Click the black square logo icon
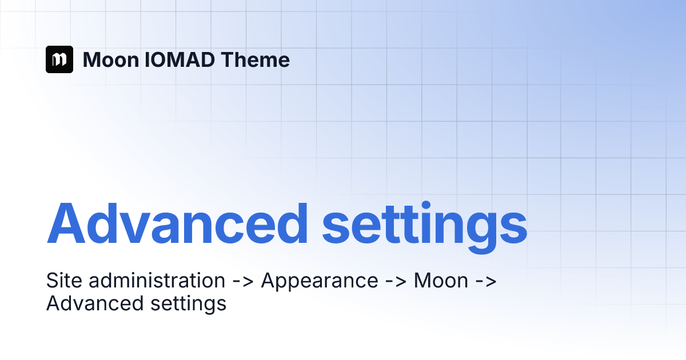coord(59,59)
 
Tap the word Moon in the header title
coord(111,59)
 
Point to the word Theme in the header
coord(255,59)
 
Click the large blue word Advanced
coord(177,223)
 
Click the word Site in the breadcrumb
coord(64,280)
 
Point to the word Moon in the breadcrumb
coord(441,281)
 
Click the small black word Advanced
coord(95,303)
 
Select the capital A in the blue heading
coord(66,223)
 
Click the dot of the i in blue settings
coord(426,206)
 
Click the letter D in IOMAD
coord(207,59)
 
